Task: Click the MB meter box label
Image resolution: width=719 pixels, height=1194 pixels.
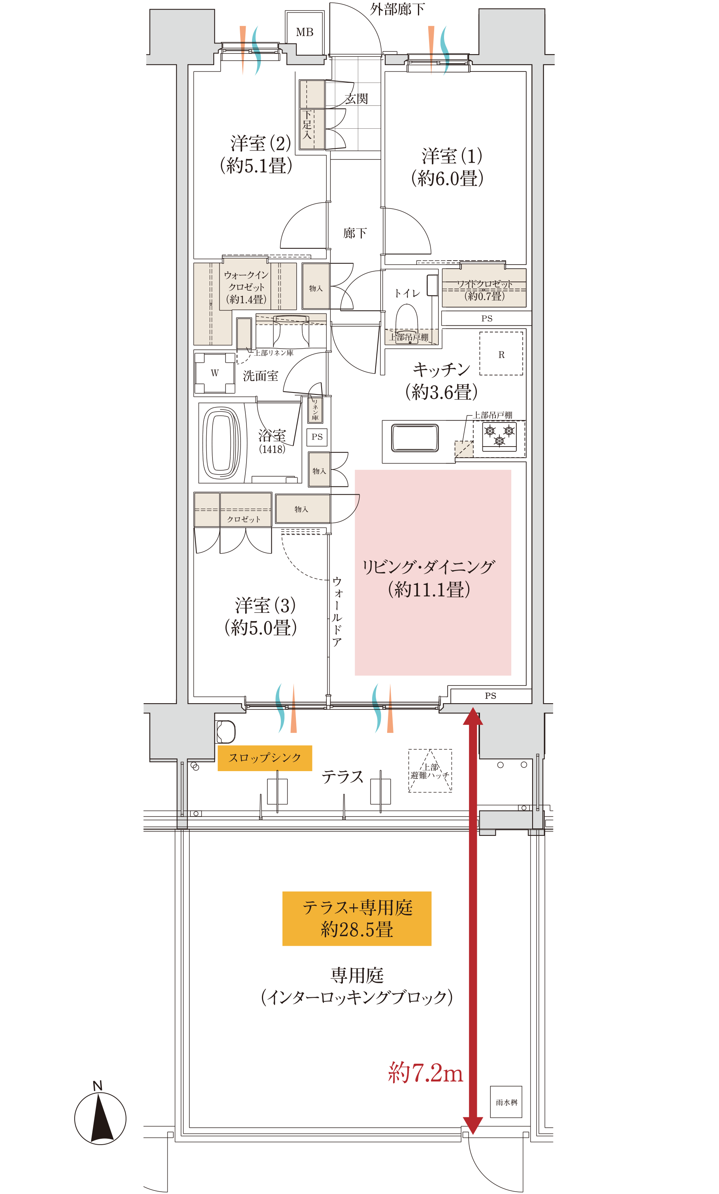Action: tap(305, 32)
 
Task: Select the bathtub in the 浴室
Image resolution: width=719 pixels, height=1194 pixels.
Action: tap(221, 443)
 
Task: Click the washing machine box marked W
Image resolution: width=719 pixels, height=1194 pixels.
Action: tap(215, 373)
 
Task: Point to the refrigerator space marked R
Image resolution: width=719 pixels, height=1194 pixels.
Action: tap(501, 353)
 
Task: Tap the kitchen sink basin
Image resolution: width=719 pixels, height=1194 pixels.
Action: tap(415, 438)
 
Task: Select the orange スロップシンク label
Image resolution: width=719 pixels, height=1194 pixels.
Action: tap(265, 758)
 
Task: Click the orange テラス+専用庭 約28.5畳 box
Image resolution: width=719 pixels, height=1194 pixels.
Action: tap(357, 918)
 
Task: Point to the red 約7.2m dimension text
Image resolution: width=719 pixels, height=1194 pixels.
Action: tap(425, 1072)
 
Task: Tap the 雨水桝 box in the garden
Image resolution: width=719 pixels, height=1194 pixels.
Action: tap(506, 1102)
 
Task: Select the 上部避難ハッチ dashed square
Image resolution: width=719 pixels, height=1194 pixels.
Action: tap(430, 771)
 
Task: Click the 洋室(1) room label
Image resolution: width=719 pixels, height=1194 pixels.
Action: tap(452, 156)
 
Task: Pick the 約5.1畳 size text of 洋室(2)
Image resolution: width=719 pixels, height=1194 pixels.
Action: tap(256, 165)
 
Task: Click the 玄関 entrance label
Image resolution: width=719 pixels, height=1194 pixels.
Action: tap(356, 99)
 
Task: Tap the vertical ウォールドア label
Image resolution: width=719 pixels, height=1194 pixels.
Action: tap(337, 611)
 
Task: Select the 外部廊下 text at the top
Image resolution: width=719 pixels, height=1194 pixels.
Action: tap(397, 9)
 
